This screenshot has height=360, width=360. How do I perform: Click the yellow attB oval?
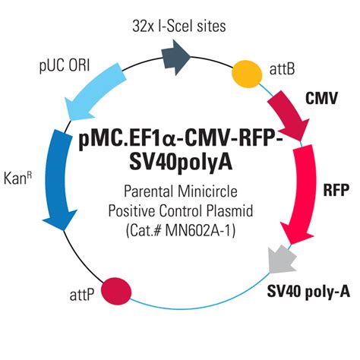[248, 74]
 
